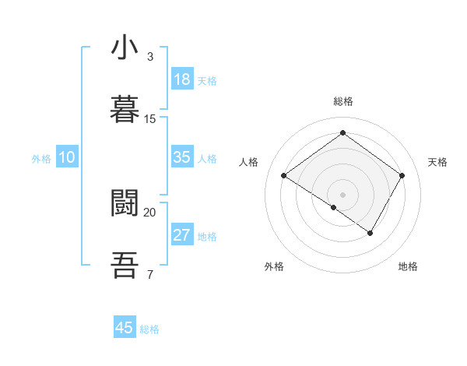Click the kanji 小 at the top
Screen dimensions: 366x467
(125, 48)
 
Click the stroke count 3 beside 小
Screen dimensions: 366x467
(150, 57)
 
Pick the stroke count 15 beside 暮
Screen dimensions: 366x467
(150, 119)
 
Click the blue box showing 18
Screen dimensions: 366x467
(182, 79)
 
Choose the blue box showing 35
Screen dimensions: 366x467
(182, 157)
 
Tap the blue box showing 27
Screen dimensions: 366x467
(182, 235)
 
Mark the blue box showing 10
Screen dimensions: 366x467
(67, 157)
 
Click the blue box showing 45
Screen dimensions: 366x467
(125, 328)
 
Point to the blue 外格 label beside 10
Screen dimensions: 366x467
(41, 159)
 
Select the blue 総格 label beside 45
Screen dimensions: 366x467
(149, 329)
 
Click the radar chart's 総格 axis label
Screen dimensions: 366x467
(342, 101)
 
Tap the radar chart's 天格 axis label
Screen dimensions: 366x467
(437, 162)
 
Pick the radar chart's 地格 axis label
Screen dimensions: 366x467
(408, 266)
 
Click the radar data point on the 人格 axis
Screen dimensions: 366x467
(284, 176)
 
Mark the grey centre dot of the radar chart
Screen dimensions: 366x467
(342, 194)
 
